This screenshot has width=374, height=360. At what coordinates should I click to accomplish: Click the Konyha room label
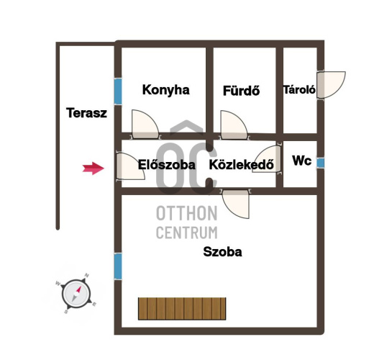(166, 90)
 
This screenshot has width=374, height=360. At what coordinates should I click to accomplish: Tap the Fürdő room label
(241, 91)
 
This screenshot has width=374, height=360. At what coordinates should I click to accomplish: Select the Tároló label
(299, 90)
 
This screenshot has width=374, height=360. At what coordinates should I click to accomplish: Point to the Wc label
(302, 161)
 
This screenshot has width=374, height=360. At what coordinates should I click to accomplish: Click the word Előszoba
(167, 165)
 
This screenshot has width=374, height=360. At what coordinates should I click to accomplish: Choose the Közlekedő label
(242, 165)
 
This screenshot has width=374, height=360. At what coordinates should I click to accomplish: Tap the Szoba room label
(222, 252)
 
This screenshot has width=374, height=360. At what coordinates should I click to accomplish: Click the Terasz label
(86, 113)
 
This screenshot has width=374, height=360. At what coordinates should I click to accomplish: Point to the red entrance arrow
(93, 168)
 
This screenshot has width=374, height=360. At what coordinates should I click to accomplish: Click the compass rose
(76, 294)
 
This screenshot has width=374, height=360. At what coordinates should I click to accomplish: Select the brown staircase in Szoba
(182, 309)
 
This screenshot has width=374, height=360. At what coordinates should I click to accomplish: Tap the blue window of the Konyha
(118, 91)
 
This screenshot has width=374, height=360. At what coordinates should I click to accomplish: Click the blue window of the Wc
(320, 163)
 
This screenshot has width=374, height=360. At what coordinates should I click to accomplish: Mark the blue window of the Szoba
(118, 266)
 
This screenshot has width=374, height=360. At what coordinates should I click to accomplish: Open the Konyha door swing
(145, 125)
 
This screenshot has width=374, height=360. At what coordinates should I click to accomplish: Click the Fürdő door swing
(234, 125)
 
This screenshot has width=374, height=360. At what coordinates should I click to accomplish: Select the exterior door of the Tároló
(331, 85)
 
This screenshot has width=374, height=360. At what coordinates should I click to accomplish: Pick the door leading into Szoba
(236, 204)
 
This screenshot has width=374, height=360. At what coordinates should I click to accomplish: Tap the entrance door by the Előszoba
(130, 166)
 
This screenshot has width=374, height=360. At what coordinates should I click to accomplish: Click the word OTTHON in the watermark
(186, 213)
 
